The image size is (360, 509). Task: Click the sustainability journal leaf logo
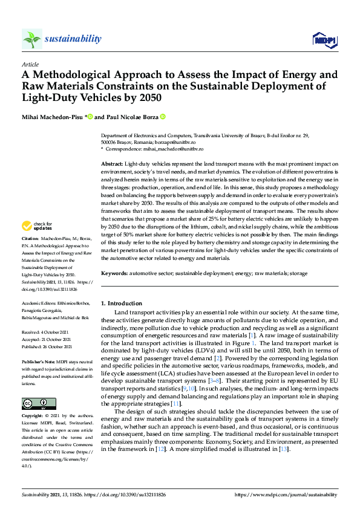coord(32,39)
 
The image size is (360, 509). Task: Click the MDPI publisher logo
coord(324,40)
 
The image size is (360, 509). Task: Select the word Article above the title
coord(30,64)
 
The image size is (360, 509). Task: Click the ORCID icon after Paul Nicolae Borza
coord(163,117)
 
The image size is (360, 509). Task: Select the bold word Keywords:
coord(113,274)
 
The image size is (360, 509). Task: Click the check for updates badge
coord(37,226)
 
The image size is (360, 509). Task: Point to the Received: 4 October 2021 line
coord(45,332)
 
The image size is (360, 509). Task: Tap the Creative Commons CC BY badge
coord(34,403)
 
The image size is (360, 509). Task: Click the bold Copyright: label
coord(33,417)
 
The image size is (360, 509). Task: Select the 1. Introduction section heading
coord(122,303)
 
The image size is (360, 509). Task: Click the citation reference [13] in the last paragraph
coord(285,449)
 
